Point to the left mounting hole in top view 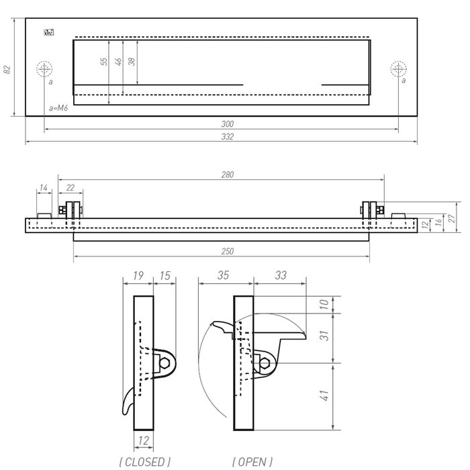44,68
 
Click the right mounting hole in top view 398,68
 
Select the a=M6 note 60,107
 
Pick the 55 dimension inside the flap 104,61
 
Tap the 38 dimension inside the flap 132,61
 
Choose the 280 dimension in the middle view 227,175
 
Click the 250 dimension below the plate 227,252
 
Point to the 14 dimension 43,189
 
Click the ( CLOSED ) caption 144,461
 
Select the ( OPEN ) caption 252,461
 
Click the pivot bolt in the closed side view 165,363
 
